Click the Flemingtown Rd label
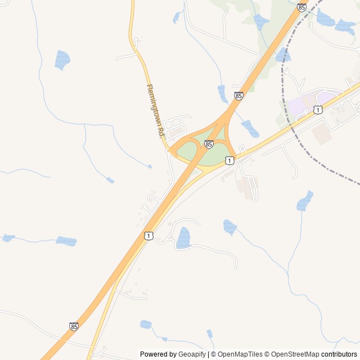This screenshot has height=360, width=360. pos(155,111)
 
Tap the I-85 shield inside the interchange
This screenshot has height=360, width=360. pos(209,145)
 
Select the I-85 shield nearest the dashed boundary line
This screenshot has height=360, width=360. pos(301,7)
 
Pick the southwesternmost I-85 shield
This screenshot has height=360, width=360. pos(74,326)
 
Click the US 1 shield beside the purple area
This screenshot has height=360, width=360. pos(318,110)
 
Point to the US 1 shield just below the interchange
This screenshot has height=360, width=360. pos(229,161)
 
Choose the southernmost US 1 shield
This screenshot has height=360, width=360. pos(148,236)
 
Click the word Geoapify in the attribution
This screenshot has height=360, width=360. pos(192,354)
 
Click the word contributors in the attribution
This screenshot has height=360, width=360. pos(339,354)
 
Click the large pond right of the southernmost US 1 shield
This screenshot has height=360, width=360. pos(183,238)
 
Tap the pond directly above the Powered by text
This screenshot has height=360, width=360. pos(146,324)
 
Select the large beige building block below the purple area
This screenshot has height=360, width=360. pos(322,133)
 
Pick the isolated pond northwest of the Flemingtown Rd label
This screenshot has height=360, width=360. pos(62,59)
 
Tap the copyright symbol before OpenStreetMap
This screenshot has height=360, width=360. pos(268,354)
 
